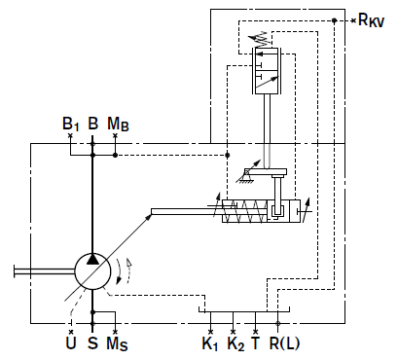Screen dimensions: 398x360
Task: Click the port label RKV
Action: click(x=371, y=20)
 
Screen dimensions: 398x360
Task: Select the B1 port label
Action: click(x=70, y=124)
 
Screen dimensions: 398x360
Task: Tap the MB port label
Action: click(x=118, y=124)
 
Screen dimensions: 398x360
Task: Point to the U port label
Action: click(x=71, y=343)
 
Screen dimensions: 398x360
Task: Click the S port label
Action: click(x=92, y=343)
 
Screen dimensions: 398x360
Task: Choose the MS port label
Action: click(x=117, y=343)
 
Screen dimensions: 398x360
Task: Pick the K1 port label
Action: click(x=210, y=343)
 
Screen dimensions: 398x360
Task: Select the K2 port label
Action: click(x=235, y=343)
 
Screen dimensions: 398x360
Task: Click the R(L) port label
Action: click(x=284, y=343)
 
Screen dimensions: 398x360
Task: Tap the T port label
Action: click(x=256, y=343)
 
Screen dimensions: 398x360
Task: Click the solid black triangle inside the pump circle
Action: click(x=92, y=259)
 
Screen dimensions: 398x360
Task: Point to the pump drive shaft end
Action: click(x=15, y=271)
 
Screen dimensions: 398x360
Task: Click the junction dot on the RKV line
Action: click(x=335, y=20)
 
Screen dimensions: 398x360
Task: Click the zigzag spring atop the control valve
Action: click(x=260, y=39)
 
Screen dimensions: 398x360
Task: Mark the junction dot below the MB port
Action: click(x=115, y=156)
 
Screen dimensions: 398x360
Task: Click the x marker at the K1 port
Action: click(x=210, y=332)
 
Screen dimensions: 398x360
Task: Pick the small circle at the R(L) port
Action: click(x=277, y=323)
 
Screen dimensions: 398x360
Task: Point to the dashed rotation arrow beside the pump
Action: click(x=129, y=270)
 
